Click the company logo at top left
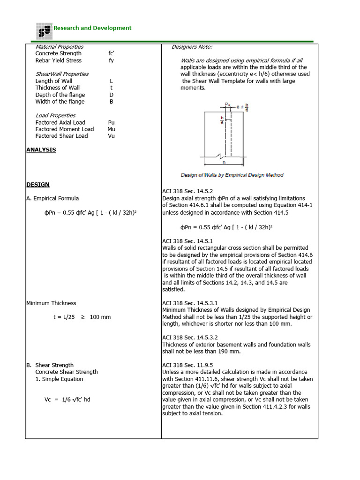(x=45, y=31)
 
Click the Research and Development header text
(x=92, y=28)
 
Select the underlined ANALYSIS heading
(x=41, y=150)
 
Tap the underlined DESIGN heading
(x=37, y=185)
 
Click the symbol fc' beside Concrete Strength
(x=112, y=53)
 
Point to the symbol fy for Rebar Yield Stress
(x=111, y=60)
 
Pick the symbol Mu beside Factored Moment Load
(x=111, y=129)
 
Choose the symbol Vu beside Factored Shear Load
(x=111, y=136)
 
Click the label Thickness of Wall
(x=58, y=88)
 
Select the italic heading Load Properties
(x=55, y=115)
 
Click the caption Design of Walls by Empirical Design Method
(x=232, y=175)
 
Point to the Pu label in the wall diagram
(x=226, y=105)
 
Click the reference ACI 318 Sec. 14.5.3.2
(x=190, y=337)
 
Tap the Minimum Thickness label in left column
(x=51, y=303)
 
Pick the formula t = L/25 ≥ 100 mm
(x=82, y=317)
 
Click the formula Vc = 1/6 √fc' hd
(x=67, y=400)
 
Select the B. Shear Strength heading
(x=50, y=365)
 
